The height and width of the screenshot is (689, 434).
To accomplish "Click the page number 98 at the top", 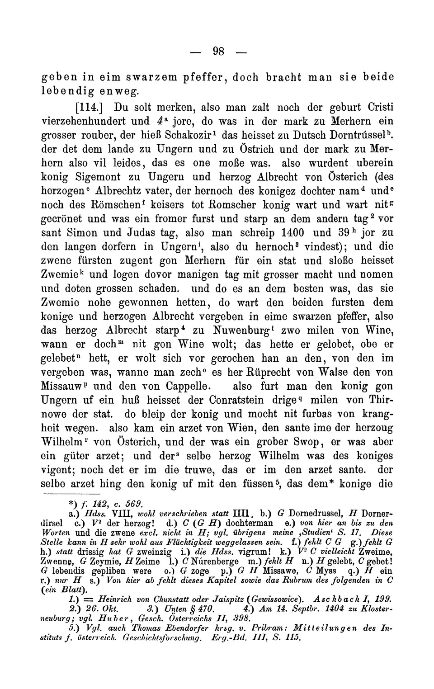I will [219, 51].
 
